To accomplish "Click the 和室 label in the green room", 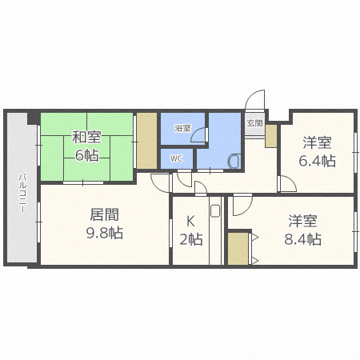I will click(86, 136).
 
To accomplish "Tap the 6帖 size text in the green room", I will click(86, 154).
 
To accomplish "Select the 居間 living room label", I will click(104, 214).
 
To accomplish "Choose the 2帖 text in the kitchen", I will click(190, 239).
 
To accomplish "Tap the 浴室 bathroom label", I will click(182, 128).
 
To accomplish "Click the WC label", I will click(177, 158).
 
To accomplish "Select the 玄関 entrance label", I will click(254, 123).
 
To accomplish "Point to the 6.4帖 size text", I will click(318, 160).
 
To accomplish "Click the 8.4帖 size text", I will click(305, 238).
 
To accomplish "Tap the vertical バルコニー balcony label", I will click(22, 193).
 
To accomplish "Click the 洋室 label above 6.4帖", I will click(318, 142).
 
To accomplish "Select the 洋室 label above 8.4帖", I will click(305, 220).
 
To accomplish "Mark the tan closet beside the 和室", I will click(146, 142).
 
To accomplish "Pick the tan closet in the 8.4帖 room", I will click(238, 249).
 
